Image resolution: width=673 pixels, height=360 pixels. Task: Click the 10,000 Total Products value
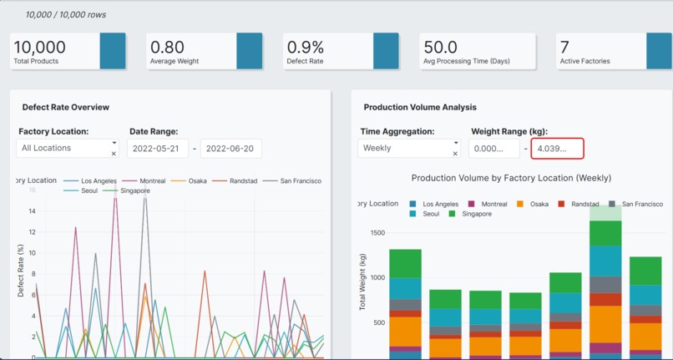39,48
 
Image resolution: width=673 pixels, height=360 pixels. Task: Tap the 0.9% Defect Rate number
306,48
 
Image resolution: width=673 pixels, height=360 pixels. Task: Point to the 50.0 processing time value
440,48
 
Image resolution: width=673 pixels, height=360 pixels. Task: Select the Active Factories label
584,62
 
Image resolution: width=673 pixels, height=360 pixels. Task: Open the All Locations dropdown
63,148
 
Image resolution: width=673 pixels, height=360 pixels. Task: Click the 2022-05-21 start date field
157,149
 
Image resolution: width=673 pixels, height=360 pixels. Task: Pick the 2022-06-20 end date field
231,149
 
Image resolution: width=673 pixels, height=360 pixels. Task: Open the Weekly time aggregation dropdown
405,148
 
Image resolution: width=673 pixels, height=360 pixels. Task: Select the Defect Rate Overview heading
66,108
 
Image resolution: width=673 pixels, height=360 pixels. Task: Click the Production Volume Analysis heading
420,108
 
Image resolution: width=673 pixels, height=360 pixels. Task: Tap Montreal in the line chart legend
150,180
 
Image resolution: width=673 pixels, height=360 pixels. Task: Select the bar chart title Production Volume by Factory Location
511,178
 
